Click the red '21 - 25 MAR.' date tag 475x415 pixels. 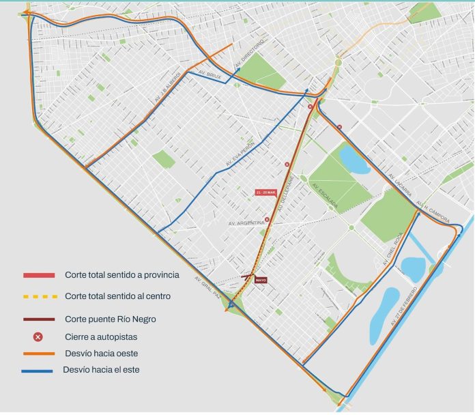point(266,192)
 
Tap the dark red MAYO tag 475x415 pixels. point(260,280)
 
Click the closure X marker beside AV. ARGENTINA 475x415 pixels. point(267,220)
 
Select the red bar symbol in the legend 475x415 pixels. point(39,275)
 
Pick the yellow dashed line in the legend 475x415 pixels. point(39,296)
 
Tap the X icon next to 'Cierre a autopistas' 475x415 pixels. point(39,337)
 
